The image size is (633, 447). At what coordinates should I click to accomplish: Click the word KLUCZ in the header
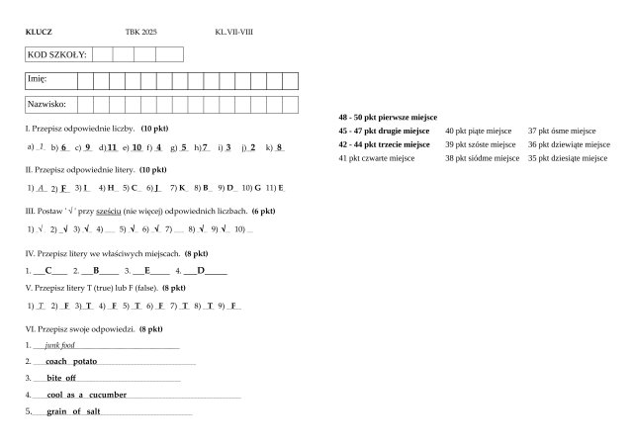[39, 33]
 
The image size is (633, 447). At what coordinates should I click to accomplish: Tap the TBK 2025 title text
[140, 33]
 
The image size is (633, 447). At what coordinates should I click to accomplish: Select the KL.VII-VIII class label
[233, 33]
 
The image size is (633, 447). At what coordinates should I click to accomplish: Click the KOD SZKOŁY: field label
[56, 54]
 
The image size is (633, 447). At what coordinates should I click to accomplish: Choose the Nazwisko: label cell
[46, 103]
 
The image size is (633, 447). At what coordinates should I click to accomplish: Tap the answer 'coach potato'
[71, 362]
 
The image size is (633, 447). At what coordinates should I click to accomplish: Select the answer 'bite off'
[61, 378]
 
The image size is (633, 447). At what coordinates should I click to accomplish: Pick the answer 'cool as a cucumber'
[87, 395]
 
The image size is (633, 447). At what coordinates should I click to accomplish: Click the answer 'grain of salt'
[73, 410]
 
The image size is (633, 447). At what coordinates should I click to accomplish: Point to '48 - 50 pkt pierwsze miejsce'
[388, 117]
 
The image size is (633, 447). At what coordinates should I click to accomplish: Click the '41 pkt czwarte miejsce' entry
[375, 157]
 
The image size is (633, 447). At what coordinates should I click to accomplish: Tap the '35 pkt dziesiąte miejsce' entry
[567, 157]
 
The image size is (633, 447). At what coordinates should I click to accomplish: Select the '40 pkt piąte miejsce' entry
[478, 131]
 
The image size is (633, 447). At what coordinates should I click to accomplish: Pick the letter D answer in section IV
[200, 269]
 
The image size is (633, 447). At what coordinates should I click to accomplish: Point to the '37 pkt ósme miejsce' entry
[561, 131]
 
